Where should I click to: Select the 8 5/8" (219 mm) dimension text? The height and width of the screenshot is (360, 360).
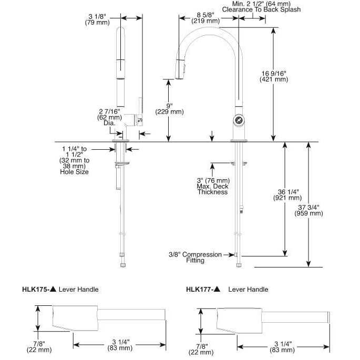coord(205,17)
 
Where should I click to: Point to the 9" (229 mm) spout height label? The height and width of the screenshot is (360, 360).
coord(169,108)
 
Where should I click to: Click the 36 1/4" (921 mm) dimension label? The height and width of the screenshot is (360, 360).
coord(286,194)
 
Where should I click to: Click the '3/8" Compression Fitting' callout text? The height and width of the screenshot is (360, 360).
coord(196,258)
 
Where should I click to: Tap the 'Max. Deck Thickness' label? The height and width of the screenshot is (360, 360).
coord(212,189)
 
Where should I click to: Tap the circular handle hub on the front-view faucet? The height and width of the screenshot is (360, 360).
coord(240,120)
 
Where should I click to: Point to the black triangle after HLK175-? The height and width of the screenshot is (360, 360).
coord(53,289)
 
